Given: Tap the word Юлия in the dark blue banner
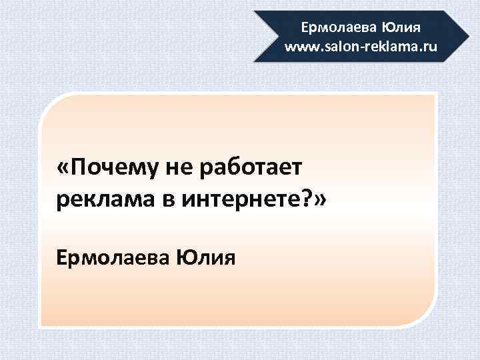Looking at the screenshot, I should [x=401, y=29].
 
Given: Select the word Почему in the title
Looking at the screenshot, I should [x=107, y=168].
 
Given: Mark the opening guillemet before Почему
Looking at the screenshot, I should [x=64, y=169].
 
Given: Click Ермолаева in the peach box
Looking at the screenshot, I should [x=113, y=256].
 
